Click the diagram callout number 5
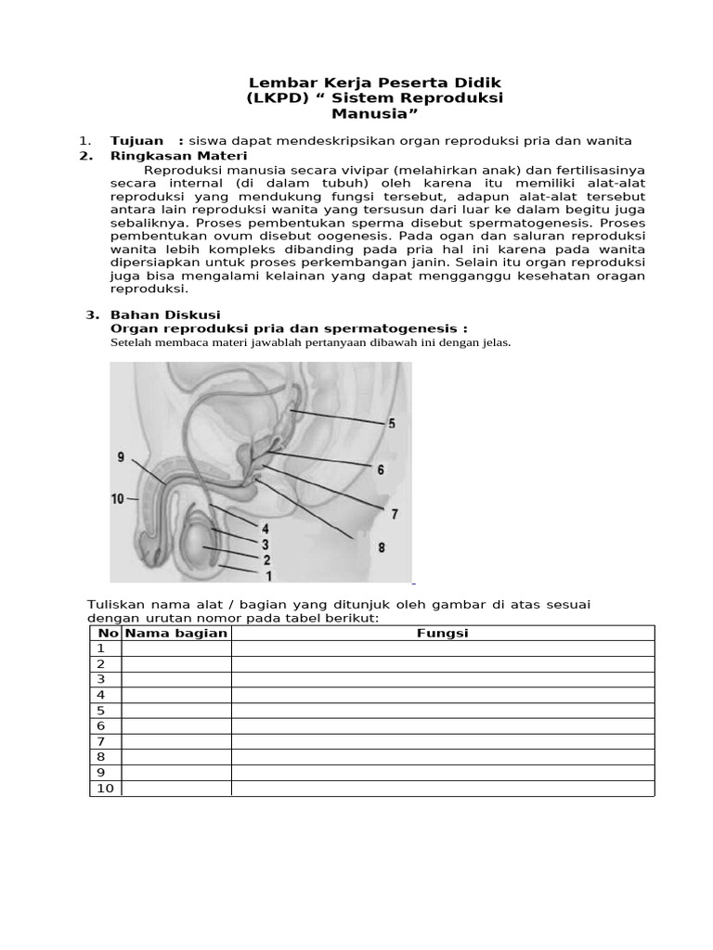391,424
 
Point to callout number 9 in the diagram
121,456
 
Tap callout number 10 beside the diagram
118,499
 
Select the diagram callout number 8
381,548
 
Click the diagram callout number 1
269,575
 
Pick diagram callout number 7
394,513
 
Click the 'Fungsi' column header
443,633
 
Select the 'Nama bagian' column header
176,633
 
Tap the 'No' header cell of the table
107,633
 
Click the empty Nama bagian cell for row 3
176,679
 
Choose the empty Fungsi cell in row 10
443,788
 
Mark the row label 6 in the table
101,725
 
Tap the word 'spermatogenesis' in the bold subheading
404,328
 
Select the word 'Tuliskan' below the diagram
114,604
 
